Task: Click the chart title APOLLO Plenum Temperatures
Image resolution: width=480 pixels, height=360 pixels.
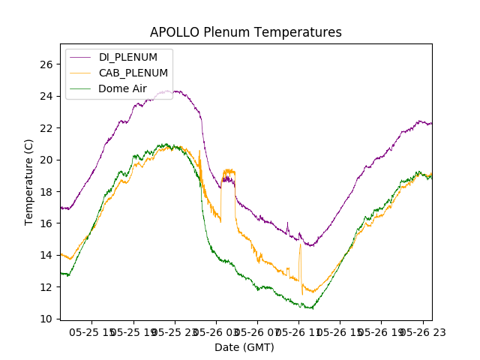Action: point(246,32)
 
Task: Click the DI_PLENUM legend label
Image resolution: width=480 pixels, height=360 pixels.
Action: point(127,57)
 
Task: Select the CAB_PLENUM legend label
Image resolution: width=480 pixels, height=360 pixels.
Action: point(133,73)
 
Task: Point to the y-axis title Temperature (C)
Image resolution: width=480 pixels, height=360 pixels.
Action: point(29,181)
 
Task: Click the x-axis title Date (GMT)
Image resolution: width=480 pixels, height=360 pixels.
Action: point(244,347)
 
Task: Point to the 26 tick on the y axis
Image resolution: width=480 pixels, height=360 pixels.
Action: point(46,64)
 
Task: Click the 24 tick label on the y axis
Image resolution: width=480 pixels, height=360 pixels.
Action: point(46,96)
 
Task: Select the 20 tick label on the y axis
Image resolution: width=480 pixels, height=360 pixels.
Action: point(46,160)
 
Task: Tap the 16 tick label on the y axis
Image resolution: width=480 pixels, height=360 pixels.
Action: point(46,223)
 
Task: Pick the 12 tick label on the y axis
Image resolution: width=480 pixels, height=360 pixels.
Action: point(46,287)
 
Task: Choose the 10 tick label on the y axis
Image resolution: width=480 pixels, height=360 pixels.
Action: point(46,319)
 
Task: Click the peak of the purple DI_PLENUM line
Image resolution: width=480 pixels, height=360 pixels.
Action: point(176,91)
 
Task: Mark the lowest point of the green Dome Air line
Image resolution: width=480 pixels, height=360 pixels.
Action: point(310,308)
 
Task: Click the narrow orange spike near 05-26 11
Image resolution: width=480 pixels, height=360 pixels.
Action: point(300,244)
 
